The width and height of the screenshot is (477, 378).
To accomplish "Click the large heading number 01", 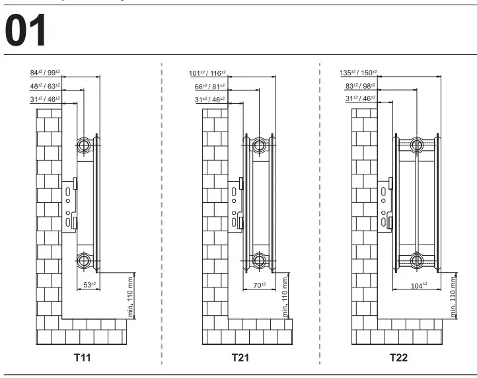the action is [25, 30].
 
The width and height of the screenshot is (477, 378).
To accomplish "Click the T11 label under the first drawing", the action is [83, 357].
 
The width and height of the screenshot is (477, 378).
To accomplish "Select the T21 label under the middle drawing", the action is [240, 357].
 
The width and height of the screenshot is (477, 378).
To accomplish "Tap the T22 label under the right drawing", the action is [398, 357].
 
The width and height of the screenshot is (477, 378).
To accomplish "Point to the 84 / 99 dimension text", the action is [45, 73].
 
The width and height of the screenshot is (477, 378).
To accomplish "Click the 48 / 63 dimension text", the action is [45, 86].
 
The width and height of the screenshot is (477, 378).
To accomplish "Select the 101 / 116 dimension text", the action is [207, 73].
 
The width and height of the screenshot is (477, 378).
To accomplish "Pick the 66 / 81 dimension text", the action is [209, 87].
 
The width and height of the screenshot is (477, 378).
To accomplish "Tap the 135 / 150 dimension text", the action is [358, 73].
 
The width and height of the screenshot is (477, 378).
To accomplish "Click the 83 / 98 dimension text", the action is [361, 86].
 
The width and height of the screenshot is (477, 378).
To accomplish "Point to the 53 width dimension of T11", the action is [89, 285].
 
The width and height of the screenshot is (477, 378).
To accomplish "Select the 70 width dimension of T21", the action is [260, 285].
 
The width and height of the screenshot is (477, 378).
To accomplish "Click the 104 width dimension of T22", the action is [419, 285].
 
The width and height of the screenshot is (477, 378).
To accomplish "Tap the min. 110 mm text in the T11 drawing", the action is [130, 297].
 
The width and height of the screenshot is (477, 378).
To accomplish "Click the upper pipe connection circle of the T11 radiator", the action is [83, 145].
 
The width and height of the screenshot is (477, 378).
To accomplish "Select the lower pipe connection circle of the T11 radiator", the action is [83, 260].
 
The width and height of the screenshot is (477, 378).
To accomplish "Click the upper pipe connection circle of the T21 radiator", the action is [259, 145].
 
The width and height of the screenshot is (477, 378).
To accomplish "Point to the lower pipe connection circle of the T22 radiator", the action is [416, 260].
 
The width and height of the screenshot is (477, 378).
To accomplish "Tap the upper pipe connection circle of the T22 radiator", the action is [416, 145].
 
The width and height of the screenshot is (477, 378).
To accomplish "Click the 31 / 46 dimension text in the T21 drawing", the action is [209, 99].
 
